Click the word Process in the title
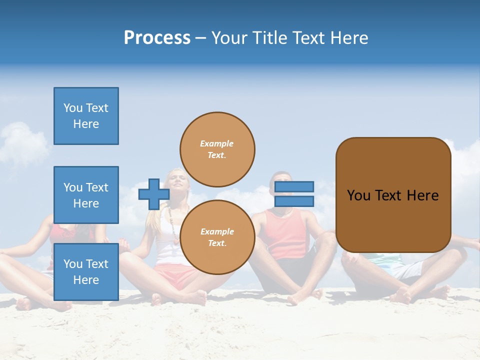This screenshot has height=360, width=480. click(157, 38)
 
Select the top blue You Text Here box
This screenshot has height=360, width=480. click(86, 116)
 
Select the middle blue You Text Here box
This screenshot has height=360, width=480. click(86, 195)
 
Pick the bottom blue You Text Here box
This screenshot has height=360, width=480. click(86, 271)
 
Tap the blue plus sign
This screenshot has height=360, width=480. click(153, 194)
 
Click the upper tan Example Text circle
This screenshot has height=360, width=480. click(217, 149)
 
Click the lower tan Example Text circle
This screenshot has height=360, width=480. click(217, 237)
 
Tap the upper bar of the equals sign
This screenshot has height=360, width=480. click(294, 186)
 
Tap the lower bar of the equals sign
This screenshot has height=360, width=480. click(294, 201)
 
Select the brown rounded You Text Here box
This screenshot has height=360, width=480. click(393, 195)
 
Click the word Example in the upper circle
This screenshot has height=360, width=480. click(216, 143)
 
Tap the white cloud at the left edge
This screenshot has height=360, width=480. click(20, 142)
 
